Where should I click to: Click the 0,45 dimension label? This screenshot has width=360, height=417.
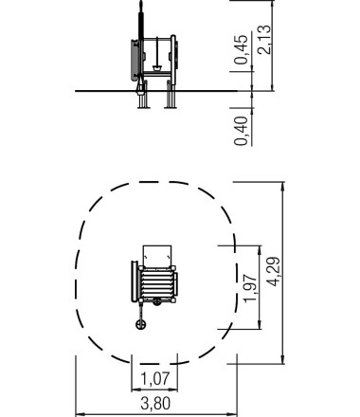coord(242,49)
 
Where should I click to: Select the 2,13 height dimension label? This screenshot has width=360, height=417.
coord(264,39)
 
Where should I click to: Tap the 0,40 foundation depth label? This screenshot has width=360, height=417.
coord(242,131)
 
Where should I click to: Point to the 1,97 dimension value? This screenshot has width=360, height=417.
coord(251,288)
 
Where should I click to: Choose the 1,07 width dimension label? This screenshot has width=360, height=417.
coord(154,378)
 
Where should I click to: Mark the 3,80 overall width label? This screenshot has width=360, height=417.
coord(155,404)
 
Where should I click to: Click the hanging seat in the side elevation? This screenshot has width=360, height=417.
coord(157,68)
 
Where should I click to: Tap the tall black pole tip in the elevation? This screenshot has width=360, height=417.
coord(141,3)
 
